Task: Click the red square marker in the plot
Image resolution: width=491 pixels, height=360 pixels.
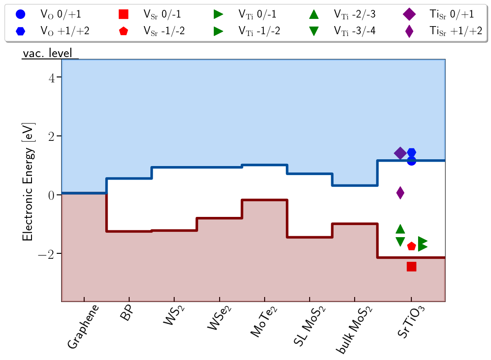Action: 411,267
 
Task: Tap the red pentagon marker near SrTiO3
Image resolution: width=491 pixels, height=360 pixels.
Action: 411,246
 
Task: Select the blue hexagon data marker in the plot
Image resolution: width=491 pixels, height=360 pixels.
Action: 411,153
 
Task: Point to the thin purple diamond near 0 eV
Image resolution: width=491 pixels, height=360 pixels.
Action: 400,193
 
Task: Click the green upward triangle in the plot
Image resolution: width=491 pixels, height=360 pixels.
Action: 400,229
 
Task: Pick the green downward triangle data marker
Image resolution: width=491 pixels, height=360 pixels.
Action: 400,242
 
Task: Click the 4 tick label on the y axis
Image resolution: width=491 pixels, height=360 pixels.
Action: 52,78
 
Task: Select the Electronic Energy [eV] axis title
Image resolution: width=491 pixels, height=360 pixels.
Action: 27,180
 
